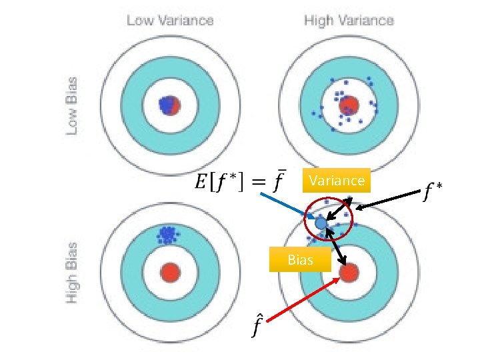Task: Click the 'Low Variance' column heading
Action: (x=170, y=21)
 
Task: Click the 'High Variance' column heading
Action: (x=349, y=21)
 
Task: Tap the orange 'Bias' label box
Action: (x=300, y=259)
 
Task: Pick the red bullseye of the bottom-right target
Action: (x=349, y=272)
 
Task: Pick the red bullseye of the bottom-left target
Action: (x=171, y=272)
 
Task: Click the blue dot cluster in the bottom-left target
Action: (x=166, y=235)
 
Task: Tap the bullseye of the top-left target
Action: (x=170, y=105)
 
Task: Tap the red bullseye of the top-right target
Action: (x=348, y=105)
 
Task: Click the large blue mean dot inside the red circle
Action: (x=321, y=224)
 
